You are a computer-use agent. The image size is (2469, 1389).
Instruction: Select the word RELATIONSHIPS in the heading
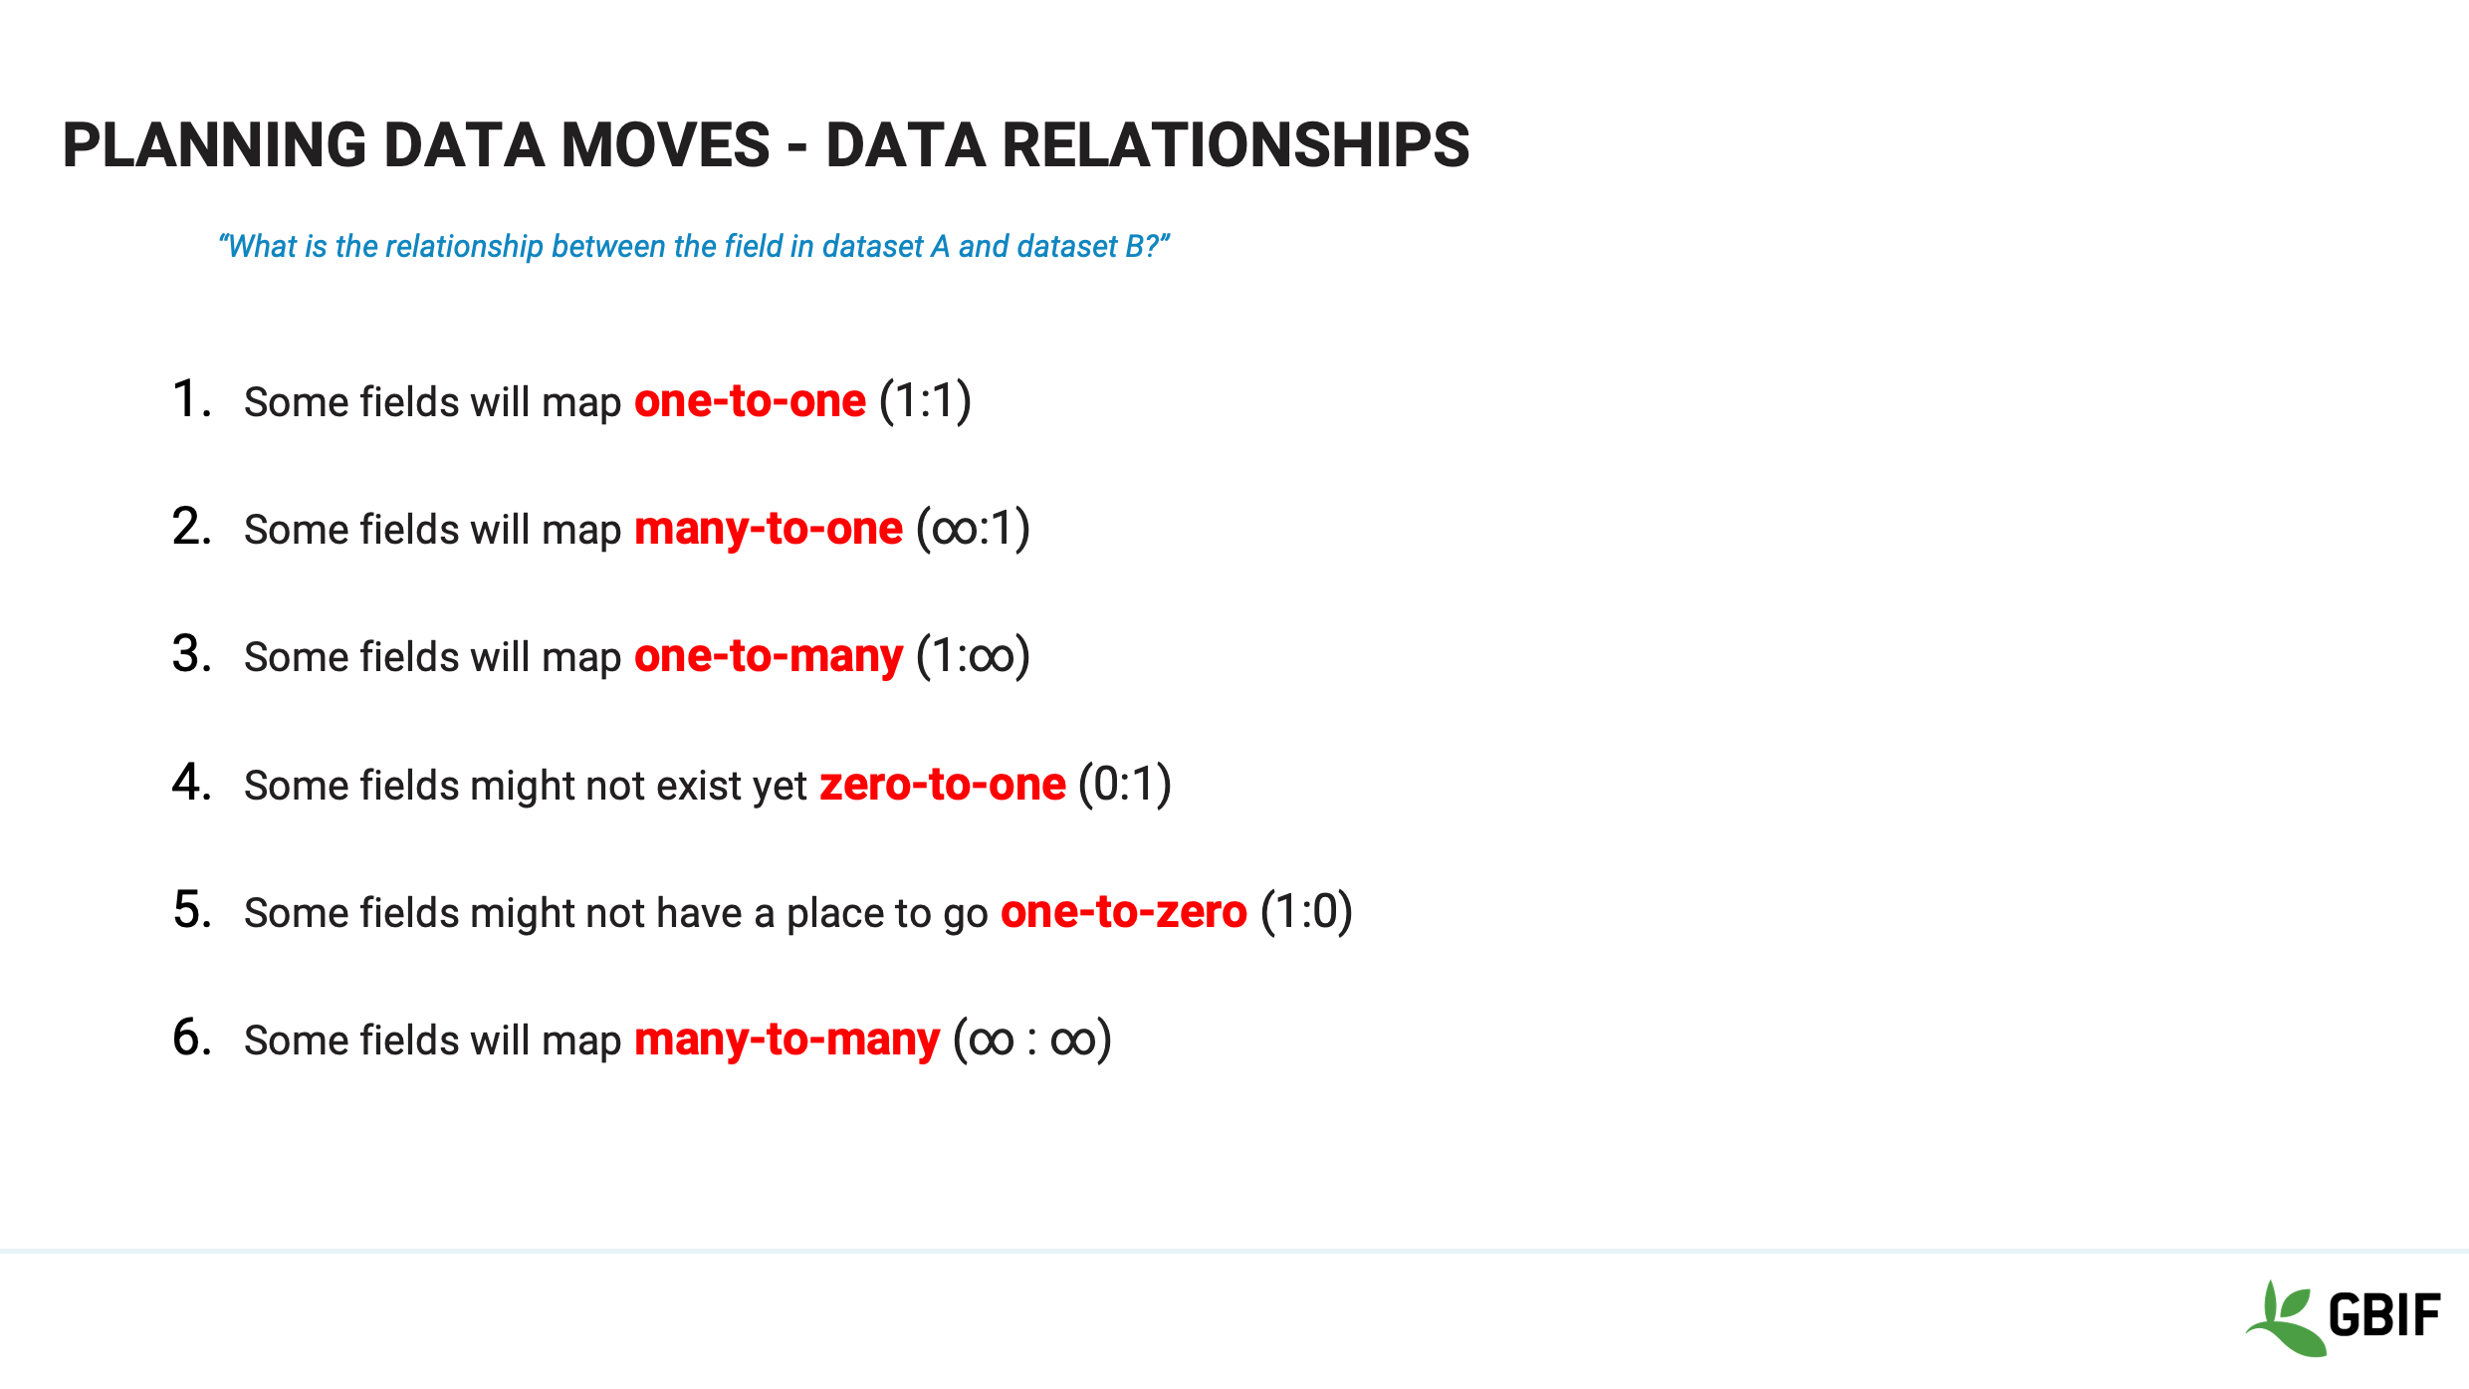(x=1235, y=145)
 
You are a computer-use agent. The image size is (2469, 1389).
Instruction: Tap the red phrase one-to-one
(x=750, y=401)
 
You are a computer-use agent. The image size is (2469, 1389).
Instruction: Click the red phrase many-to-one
(x=769, y=529)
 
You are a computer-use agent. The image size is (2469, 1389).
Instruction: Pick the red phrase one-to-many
(x=769, y=657)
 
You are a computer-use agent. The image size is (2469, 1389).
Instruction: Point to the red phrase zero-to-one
(x=943, y=785)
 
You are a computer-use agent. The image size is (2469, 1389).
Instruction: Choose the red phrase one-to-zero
(x=1123, y=912)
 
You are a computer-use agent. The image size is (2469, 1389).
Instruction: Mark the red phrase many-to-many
(x=786, y=1040)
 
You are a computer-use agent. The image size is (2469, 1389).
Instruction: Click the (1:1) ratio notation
(x=925, y=401)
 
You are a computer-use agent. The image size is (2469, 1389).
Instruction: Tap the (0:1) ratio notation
(x=1125, y=785)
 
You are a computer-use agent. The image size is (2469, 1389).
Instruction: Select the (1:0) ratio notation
(x=1306, y=912)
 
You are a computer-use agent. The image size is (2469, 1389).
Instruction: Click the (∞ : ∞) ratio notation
(x=1031, y=1040)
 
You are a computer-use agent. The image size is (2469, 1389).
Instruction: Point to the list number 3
(x=191, y=655)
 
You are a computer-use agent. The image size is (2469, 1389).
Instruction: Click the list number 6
(x=191, y=1038)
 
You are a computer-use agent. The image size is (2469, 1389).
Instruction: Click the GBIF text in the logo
(x=2384, y=1315)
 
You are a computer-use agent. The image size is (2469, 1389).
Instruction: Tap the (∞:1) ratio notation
(x=973, y=529)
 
